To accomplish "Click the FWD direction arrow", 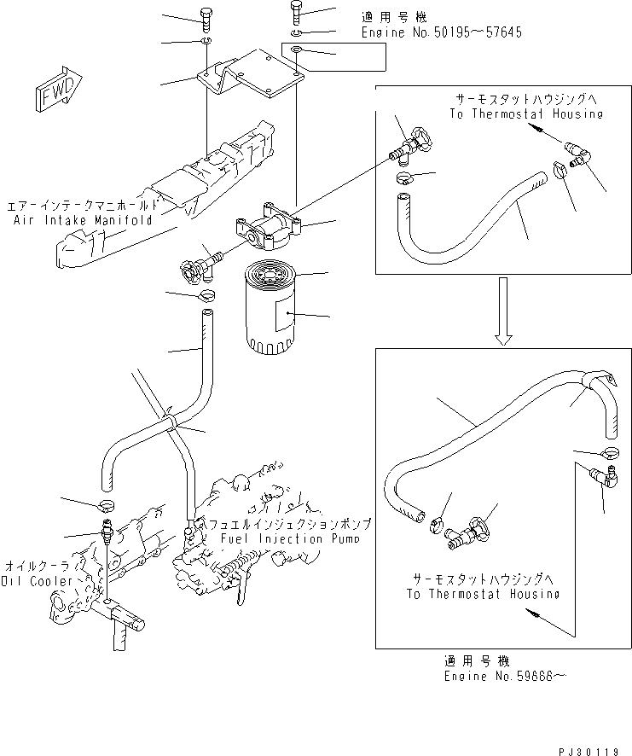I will pyautogui.click(x=58, y=88).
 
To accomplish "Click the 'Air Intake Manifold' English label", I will pyautogui.click(x=83, y=219).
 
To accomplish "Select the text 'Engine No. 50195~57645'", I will pyautogui.click(x=441, y=32).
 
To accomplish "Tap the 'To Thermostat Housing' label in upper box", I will pyautogui.click(x=527, y=113).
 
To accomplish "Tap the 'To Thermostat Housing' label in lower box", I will pyautogui.click(x=482, y=594).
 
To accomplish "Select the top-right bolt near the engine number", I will pyautogui.click(x=295, y=13).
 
